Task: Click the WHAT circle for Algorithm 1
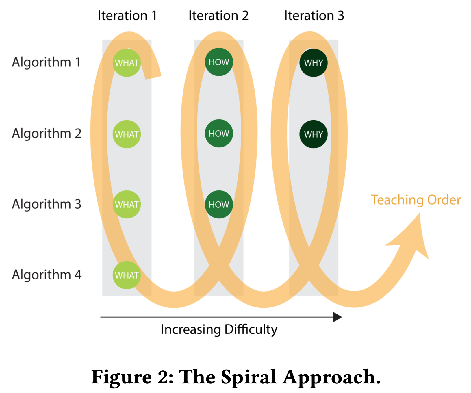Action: [127, 63]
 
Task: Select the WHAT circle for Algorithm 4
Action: [127, 275]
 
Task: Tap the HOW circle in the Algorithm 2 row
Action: [219, 134]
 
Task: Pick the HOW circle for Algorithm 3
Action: [219, 204]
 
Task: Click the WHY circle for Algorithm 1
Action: [314, 63]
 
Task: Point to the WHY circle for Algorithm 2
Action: [314, 134]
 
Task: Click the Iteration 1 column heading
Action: [127, 16]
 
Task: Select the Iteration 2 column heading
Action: [218, 16]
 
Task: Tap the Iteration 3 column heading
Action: [314, 16]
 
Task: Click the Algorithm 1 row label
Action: [46, 62]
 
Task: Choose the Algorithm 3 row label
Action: [47, 204]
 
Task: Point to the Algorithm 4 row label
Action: [47, 275]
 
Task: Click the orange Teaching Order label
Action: [416, 200]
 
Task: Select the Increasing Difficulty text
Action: [219, 329]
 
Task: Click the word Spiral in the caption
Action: [249, 377]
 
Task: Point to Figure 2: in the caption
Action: [133, 377]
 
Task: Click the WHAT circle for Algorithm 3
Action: [127, 204]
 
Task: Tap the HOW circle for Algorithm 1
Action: [219, 62]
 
